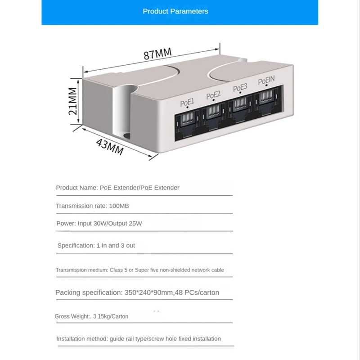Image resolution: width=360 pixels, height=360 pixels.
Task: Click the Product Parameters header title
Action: (175, 11)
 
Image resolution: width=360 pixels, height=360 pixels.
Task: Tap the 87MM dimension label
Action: (157, 54)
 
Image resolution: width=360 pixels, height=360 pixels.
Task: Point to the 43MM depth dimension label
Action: (110, 145)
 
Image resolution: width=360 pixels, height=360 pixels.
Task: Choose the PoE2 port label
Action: (213, 95)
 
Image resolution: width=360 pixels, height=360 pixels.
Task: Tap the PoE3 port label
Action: (240, 88)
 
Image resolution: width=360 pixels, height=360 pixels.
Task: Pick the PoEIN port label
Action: (266, 81)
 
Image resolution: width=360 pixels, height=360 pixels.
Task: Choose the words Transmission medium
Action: (81, 270)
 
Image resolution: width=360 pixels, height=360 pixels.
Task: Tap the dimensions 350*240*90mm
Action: (148, 292)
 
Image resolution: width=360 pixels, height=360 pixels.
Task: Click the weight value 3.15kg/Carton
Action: (110, 316)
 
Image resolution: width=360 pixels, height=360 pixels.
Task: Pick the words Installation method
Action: (81, 339)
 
